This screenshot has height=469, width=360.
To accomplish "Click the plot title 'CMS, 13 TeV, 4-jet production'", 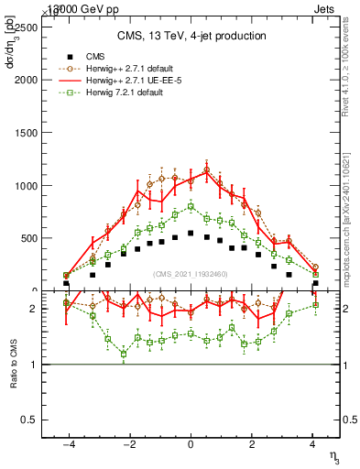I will click(191, 36).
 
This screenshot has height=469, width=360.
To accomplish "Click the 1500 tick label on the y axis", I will click(25, 133).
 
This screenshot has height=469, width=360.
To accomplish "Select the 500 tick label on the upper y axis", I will click(27, 238).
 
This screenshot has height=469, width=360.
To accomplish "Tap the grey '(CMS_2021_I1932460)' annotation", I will click(191, 273).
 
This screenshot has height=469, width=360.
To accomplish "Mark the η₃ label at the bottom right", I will click(334, 453).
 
